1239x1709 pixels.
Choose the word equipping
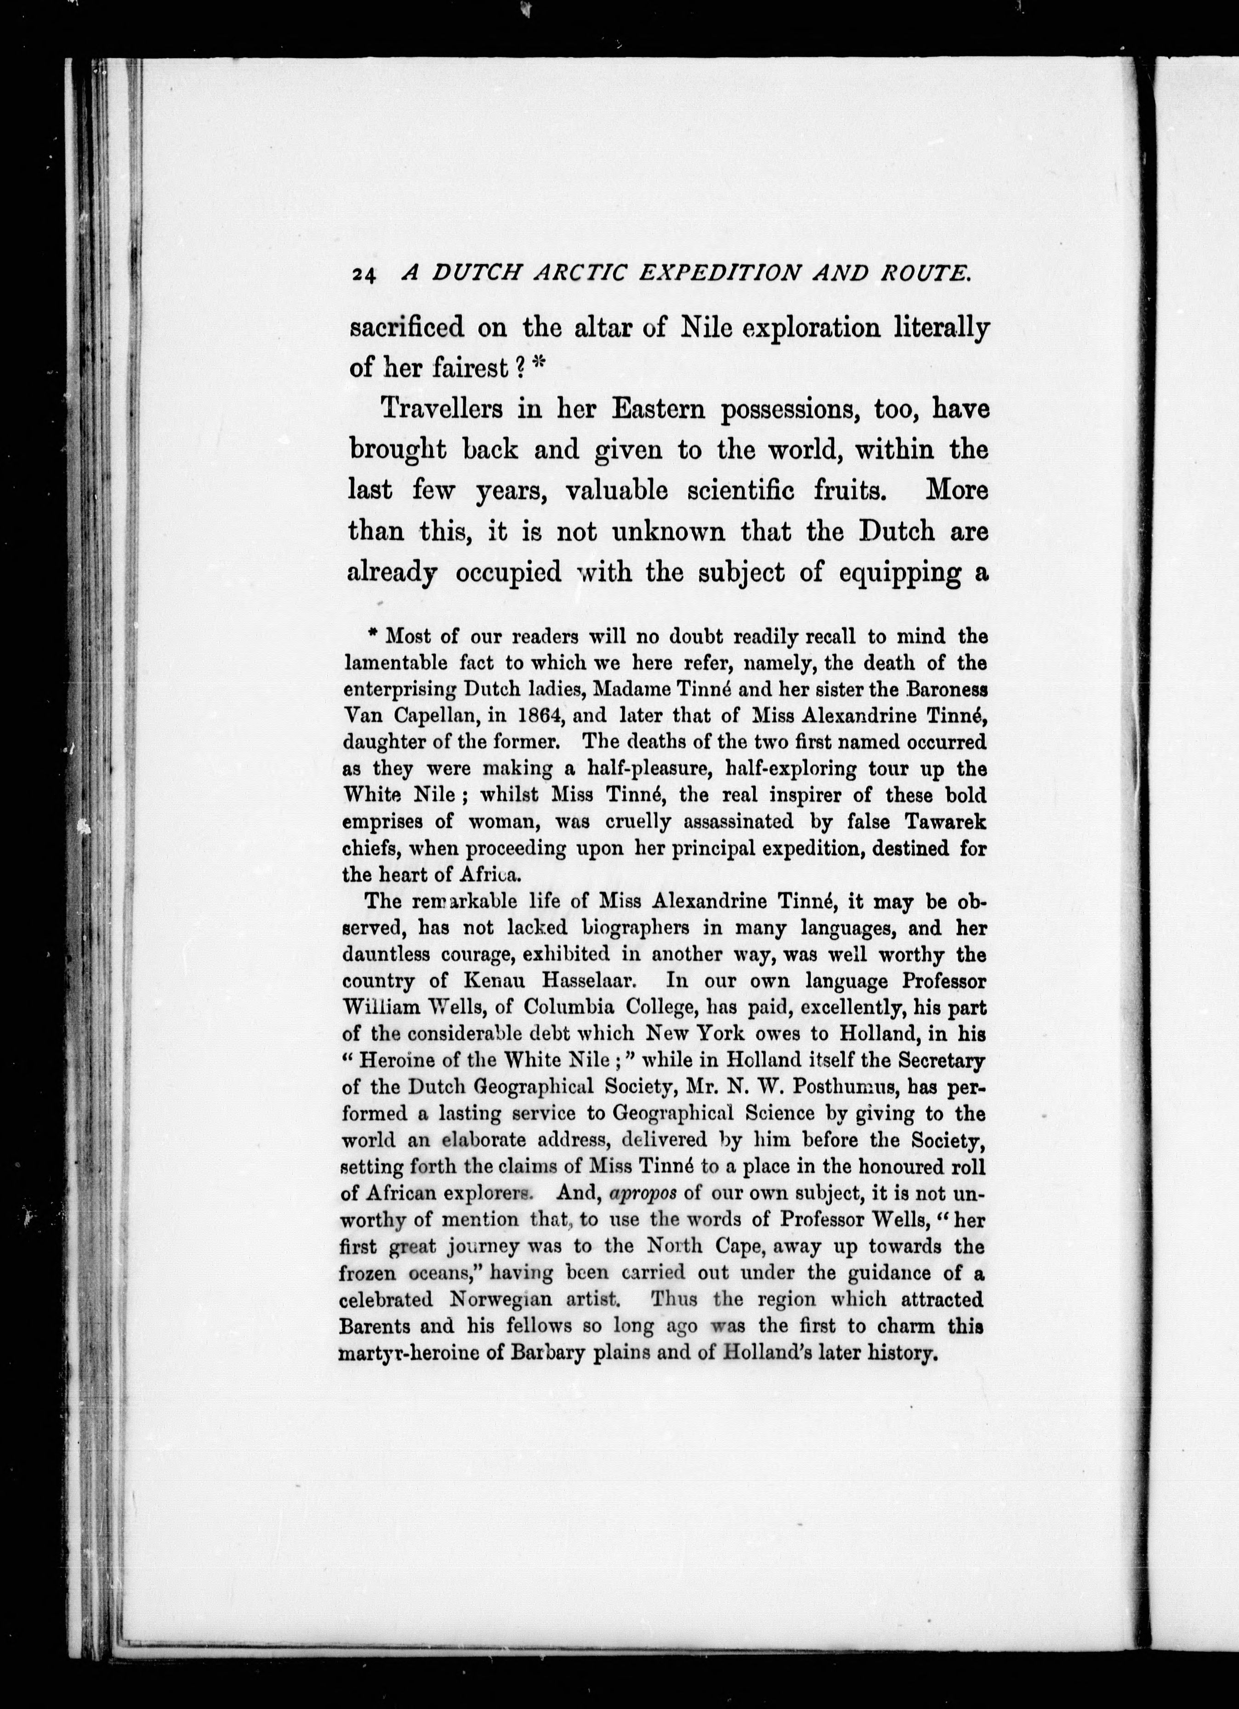900,573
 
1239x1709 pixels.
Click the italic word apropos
642,1194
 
